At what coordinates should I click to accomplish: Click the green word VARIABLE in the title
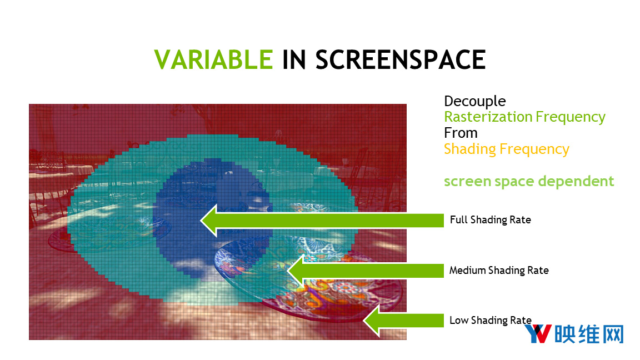pos(213,59)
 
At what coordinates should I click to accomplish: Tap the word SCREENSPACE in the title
pos(401,59)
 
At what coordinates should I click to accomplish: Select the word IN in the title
pos(294,59)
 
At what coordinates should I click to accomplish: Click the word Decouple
pos(474,101)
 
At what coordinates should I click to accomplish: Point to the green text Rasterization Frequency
pos(524,117)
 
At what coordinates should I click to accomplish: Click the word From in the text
pos(461,133)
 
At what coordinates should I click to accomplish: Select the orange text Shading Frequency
pos(507,149)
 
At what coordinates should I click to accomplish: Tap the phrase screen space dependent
pos(529,181)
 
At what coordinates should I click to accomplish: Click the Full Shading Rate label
pos(490,220)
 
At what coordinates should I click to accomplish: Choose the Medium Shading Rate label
pos(499,270)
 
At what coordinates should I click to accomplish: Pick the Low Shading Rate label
pos(490,321)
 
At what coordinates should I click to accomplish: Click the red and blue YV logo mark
pos(538,333)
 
